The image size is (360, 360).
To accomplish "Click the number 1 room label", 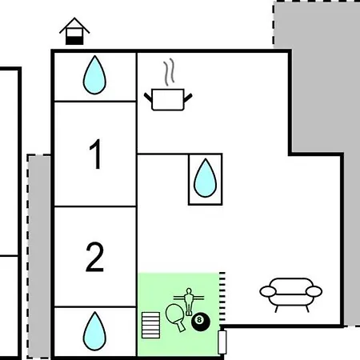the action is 96,154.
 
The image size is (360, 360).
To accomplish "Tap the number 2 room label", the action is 94,257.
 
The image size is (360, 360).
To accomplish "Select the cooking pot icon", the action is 168,99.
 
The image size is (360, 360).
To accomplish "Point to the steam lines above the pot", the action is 169,72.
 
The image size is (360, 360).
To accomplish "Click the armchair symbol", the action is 291,294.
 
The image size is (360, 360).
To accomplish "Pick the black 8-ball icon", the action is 201,322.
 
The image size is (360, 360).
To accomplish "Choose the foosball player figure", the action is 189,302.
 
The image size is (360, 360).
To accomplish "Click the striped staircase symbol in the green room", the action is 151,325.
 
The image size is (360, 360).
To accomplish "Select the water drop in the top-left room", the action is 94,75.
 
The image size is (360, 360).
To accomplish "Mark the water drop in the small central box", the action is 205,178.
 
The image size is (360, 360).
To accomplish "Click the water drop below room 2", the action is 94,331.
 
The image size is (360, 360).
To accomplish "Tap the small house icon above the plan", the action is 74,31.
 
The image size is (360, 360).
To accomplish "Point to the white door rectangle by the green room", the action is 222,342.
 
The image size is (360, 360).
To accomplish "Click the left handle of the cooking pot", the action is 148,97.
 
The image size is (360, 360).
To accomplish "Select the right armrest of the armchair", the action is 314,291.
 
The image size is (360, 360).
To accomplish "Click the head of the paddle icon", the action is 174,314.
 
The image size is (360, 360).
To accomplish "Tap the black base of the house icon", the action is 74,41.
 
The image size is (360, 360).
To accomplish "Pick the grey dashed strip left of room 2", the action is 39,257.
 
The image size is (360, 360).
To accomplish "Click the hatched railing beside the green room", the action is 222,296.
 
